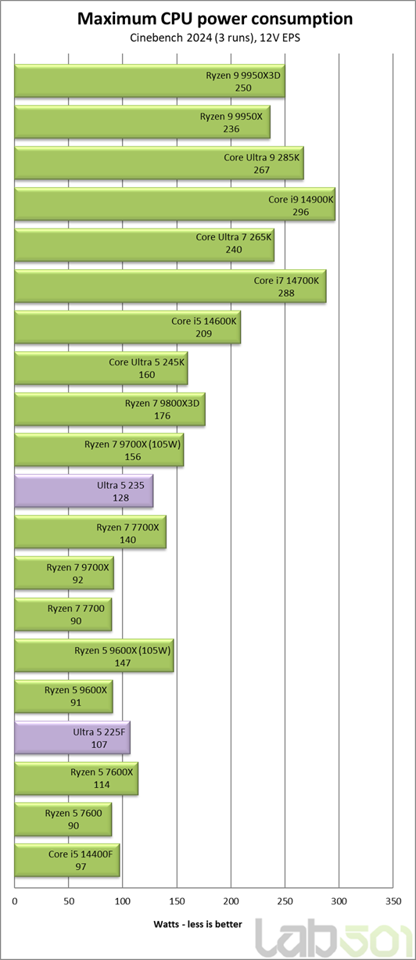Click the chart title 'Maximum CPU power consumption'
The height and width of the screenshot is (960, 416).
215,19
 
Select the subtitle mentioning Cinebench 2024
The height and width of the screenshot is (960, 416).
215,38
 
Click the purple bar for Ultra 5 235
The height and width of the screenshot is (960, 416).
84,491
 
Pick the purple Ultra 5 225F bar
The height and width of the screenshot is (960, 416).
73,738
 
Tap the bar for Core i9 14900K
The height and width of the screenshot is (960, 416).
175,204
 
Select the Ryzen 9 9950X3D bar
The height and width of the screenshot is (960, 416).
149,81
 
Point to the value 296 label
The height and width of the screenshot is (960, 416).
301,212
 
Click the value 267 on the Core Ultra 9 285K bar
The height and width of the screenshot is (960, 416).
261,170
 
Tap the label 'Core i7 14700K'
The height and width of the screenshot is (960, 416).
286,280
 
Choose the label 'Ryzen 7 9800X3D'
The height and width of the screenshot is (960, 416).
162,403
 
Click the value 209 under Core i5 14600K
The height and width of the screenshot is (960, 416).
203,334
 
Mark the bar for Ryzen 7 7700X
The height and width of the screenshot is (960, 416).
91,532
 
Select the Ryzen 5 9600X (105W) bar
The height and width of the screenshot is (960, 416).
95,656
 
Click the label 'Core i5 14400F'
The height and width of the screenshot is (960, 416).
81,854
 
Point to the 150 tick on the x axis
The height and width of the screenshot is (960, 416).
177,901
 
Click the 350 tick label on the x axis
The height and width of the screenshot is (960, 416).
393,901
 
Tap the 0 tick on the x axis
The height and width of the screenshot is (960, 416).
15,901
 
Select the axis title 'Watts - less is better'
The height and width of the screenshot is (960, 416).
198,925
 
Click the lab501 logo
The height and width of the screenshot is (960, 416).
332,938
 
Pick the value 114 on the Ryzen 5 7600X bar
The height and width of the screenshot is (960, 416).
102,785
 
